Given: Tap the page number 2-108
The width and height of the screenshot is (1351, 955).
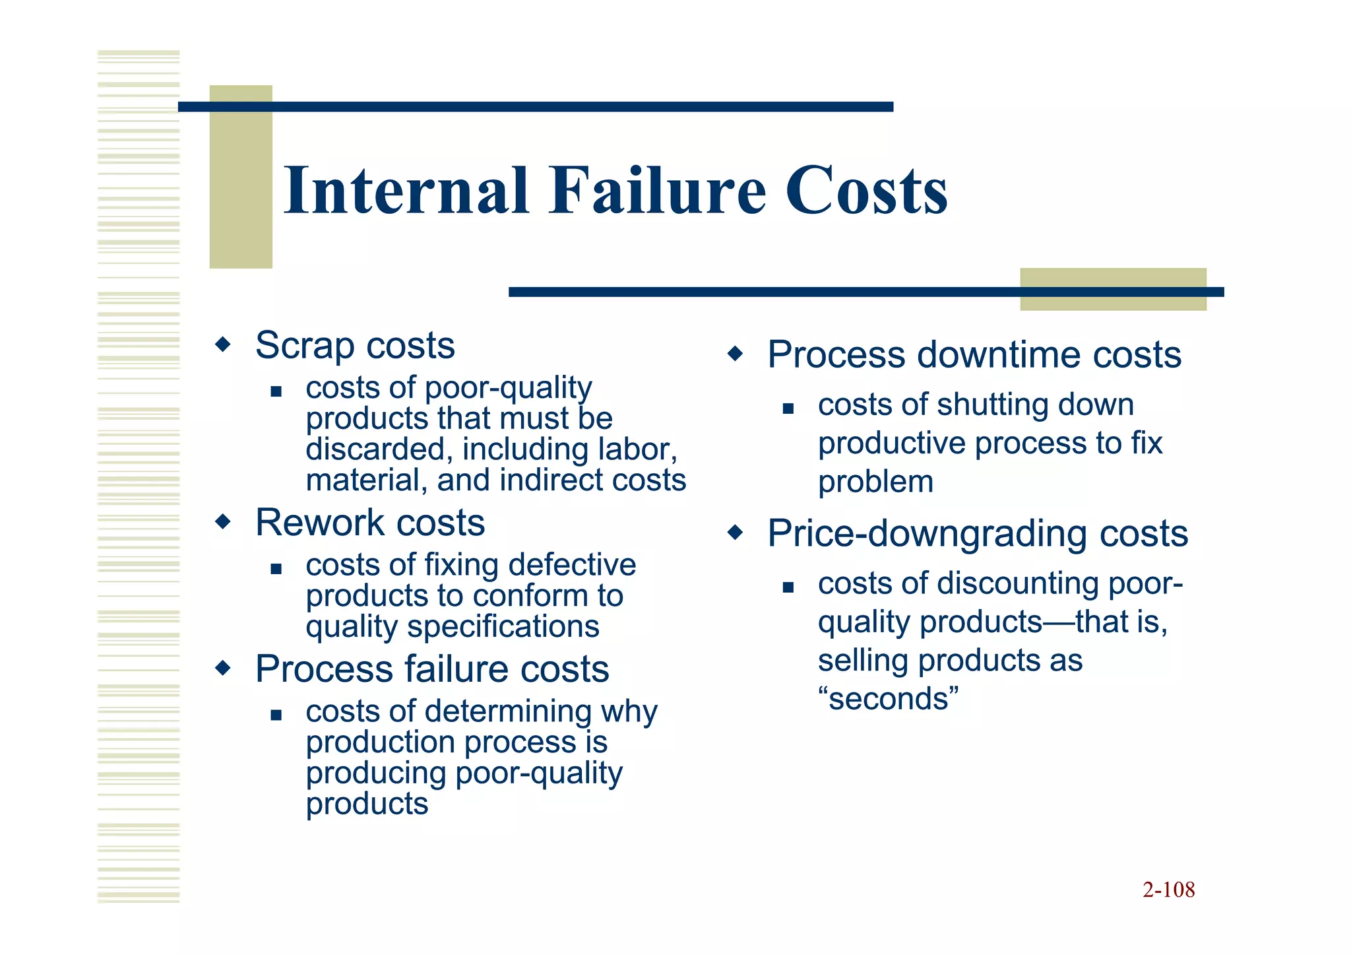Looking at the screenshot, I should pos(1168,890).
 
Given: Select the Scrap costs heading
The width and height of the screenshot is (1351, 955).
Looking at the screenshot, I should pos(355,345).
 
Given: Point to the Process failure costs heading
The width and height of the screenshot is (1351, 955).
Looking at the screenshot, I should pos(432,669).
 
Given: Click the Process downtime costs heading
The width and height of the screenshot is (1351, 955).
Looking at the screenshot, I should pos(974,354).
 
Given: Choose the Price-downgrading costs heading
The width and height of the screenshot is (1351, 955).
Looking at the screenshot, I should pos(977,533).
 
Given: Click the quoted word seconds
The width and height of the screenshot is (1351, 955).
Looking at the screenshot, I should pos(889,698).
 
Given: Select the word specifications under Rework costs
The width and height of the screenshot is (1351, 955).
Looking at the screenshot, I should pos(503,626).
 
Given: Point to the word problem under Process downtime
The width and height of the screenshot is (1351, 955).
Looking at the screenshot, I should pos(875,482).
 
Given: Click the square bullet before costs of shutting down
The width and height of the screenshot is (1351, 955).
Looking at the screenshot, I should pos(788,409).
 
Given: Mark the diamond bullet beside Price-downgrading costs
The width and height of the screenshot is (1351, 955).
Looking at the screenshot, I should pos(735,533).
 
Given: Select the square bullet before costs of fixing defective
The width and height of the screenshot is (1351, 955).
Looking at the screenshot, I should pos(276,569).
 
